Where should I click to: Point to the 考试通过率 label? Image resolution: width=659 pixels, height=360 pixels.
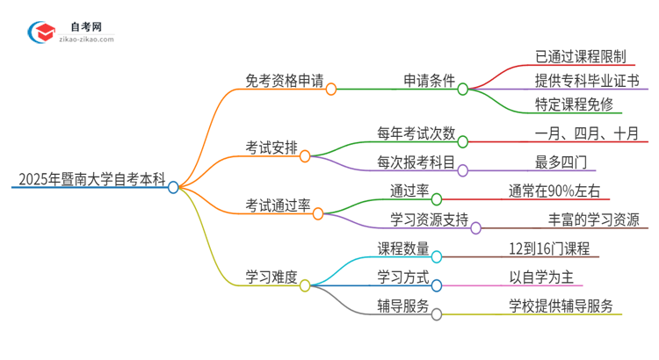(278, 205)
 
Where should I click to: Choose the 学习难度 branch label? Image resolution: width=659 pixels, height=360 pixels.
(272, 277)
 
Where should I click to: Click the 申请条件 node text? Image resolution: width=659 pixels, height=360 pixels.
(424, 82)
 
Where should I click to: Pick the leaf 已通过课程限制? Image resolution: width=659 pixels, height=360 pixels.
(580, 56)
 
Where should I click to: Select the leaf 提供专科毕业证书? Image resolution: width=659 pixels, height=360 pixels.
(586, 82)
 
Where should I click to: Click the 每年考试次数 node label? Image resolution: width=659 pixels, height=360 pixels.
(416, 133)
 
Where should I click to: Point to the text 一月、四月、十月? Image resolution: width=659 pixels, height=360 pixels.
(586, 133)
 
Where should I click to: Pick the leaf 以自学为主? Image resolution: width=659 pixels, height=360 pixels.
(541, 277)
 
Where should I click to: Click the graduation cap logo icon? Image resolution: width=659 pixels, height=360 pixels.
(40, 32)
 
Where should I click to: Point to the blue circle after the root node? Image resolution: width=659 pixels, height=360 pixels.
(173, 187)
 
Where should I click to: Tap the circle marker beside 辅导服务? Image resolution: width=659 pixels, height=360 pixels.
(437, 313)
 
